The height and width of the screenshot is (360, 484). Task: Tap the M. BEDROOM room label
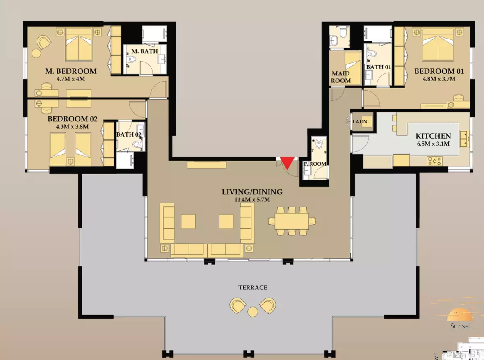pos(71,71)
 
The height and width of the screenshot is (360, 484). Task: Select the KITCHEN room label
pos(433,136)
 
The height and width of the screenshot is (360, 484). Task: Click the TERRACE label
pos(253,288)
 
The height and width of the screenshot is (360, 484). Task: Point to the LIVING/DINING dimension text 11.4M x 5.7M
pos(252,200)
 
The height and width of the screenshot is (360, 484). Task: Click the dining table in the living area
pos(292,221)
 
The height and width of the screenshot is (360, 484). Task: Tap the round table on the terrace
pos(253,312)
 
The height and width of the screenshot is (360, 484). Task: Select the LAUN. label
pos(361,121)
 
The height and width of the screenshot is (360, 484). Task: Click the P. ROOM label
pos(315,164)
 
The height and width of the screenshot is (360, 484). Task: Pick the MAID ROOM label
pos(341,77)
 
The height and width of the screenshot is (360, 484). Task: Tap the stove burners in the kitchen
pos(435,161)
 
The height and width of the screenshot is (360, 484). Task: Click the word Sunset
pos(461,326)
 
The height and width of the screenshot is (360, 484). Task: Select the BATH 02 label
pos(129,134)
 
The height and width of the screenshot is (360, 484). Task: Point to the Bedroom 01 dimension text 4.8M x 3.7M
pos(439,79)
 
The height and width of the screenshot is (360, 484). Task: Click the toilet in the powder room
pos(319,143)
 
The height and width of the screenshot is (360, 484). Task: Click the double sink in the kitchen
pos(464,139)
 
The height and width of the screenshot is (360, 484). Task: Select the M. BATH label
pos(144,51)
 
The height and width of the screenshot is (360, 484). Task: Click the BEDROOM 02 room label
pos(73,119)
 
